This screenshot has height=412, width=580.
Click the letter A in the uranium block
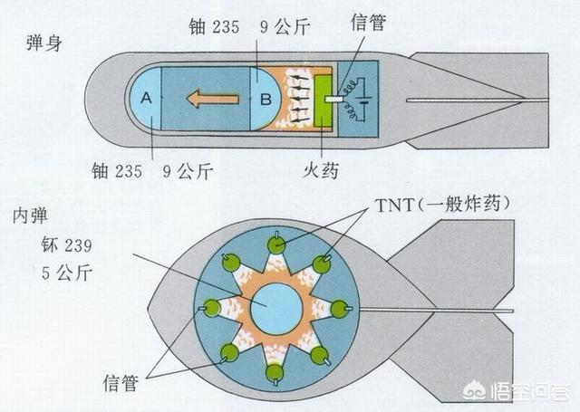coord(147,99)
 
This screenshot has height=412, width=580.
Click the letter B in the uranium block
coord(266,100)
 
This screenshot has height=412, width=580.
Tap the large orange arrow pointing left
coord(212,99)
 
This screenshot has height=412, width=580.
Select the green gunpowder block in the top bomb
coord(324,100)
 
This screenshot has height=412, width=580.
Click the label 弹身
coord(44,43)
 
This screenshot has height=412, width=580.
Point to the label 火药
coord(320,170)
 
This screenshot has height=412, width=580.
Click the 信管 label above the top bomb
coord(368,22)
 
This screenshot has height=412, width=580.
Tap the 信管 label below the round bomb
coord(121,382)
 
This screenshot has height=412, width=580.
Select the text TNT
coord(394,206)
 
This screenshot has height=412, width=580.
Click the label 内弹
coord(30,216)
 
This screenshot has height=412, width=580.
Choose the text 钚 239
coord(66,245)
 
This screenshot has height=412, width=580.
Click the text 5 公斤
coord(66,273)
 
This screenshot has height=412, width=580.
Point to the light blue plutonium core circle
coord(276,309)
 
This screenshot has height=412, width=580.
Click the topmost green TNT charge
coord(276,244)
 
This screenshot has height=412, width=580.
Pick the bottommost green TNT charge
coord(275,373)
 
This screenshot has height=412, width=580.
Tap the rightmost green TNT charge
coord(339,310)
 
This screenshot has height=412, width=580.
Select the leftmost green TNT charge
coord(212,308)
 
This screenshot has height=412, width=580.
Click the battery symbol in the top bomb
coord(362,100)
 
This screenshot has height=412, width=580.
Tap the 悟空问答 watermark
coord(517,391)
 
